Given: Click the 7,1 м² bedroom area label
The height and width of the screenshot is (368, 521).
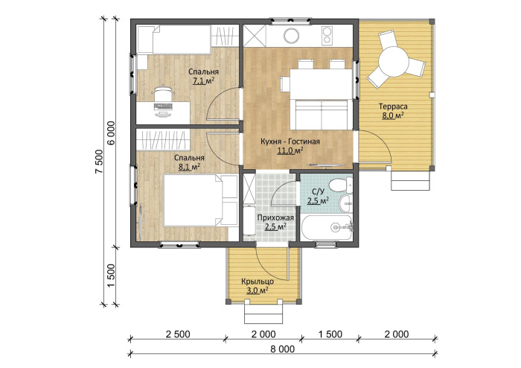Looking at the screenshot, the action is click(x=203, y=80).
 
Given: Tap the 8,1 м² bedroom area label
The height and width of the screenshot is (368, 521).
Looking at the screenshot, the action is click(x=189, y=167).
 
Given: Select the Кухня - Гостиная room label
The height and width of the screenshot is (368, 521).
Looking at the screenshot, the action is click(x=290, y=142).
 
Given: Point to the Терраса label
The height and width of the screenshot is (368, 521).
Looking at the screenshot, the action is click(x=393, y=107).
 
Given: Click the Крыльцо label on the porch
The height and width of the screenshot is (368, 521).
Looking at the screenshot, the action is click(x=258, y=282).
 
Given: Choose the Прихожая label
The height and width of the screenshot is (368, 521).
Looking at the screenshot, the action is click(x=275, y=218).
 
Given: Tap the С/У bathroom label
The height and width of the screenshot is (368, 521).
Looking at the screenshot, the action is click(x=319, y=191).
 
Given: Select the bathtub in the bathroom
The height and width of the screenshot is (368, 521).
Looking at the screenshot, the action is click(x=326, y=227).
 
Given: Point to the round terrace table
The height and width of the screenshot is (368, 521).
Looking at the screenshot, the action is click(x=393, y=62).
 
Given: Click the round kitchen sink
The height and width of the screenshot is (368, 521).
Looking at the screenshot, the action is click(x=292, y=35).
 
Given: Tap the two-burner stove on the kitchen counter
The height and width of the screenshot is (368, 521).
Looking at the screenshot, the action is click(x=327, y=36).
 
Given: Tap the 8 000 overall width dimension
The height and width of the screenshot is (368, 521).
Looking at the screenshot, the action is click(x=283, y=349).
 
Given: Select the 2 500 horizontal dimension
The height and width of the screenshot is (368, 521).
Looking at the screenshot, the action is click(x=178, y=334).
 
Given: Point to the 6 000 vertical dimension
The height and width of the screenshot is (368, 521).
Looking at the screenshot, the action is click(x=111, y=133).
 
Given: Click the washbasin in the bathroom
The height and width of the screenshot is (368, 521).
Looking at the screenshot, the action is click(x=346, y=203).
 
